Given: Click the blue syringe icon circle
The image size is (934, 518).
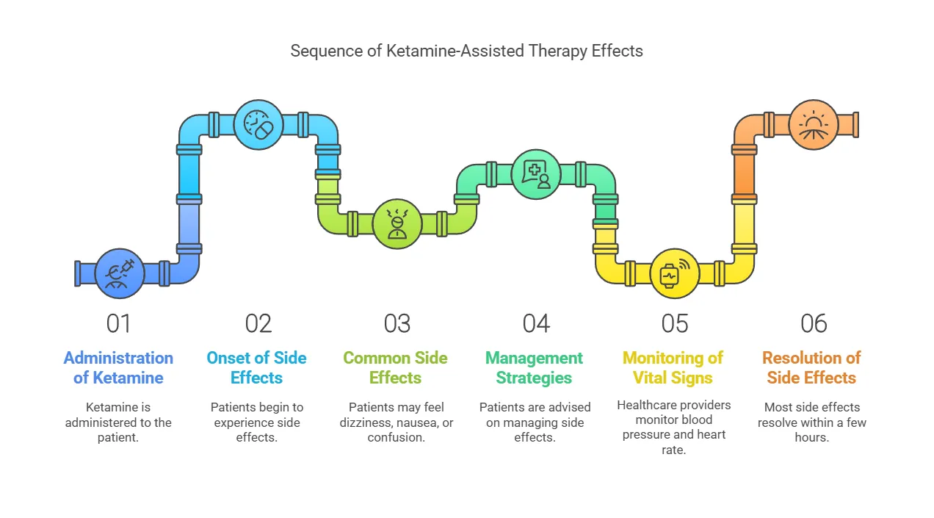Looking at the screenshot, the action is click(x=120, y=273).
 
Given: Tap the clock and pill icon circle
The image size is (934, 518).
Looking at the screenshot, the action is click(x=258, y=124).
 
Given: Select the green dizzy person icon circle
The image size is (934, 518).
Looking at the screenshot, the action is click(x=397, y=224).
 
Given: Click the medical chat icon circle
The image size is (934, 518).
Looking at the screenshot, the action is click(x=536, y=174).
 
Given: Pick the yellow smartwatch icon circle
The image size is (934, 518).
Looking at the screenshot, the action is click(x=675, y=273).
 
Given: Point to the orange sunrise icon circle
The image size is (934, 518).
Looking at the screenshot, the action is click(x=814, y=124).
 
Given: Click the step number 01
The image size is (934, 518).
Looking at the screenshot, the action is click(x=118, y=323).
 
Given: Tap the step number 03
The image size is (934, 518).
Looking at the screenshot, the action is click(x=397, y=323).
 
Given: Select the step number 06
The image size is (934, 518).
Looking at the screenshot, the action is click(x=814, y=323).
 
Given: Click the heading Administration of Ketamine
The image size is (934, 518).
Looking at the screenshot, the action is click(x=118, y=368).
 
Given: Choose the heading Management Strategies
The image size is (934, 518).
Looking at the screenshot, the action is click(x=534, y=368).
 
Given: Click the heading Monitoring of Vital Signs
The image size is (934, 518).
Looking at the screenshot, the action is click(x=673, y=368).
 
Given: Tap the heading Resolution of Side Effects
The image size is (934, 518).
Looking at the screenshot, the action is click(x=811, y=368).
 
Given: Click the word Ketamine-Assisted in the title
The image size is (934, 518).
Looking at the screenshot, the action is click(x=455, y=51).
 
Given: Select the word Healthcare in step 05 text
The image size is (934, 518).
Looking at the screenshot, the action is click(x=642, y=405).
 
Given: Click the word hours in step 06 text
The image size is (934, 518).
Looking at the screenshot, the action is click(x=811, y=437).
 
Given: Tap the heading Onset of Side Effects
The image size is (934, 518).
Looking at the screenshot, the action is click(x=256, y=368).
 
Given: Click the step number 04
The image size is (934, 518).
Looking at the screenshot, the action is click(x=536, y=323).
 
